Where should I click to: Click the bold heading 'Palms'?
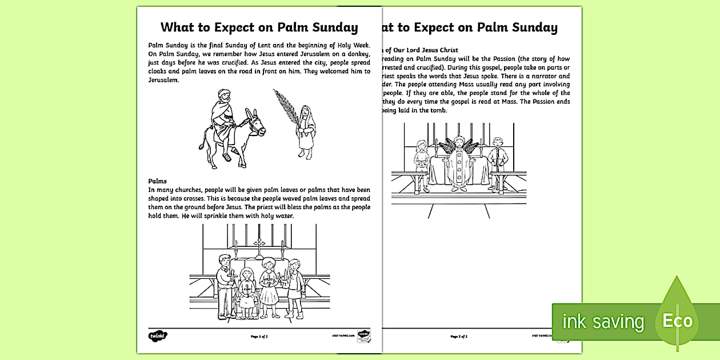coord(158,181)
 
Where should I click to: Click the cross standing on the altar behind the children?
coord(259,245)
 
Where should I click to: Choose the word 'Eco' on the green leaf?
coord(677,321)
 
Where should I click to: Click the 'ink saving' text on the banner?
coord(603,322)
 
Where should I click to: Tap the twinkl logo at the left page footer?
coord(157,335)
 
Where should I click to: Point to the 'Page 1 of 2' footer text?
coord(259,337)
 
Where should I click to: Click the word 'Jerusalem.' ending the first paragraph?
coord(164,80)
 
